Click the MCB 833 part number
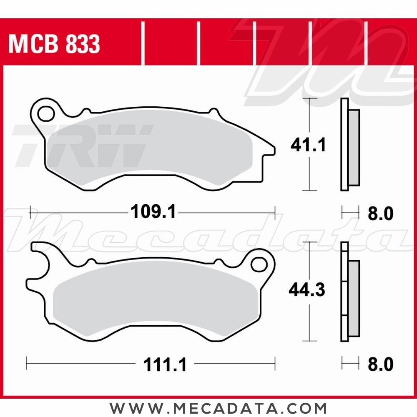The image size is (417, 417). point(54,45)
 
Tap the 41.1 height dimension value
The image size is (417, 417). point(308,146)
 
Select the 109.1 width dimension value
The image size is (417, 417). point(153,212)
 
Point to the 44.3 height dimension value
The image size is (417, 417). point(307,290)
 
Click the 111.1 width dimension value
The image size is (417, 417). point(165,365)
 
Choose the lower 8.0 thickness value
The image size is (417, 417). point(380,365)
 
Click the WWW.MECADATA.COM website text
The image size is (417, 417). point(218,407)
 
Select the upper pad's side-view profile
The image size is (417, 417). point(349,145)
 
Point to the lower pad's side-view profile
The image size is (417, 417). point(349,292)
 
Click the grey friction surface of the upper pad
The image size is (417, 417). point(150,146)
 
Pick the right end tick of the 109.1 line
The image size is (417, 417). point(275,212)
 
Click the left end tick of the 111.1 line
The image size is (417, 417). point(27,363)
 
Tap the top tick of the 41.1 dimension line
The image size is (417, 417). point(309,98)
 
